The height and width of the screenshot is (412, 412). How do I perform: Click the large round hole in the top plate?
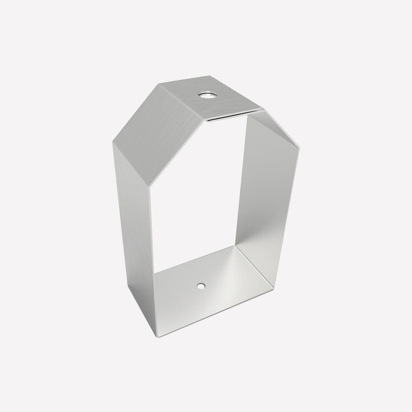coord(208,95)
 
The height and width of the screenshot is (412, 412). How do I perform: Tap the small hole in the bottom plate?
coord(201,286)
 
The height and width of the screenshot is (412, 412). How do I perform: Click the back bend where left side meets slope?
coord(113,143)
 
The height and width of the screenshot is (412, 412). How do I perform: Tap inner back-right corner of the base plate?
coord(235,246)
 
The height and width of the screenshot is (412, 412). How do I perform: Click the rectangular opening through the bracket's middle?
coord(197,193)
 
